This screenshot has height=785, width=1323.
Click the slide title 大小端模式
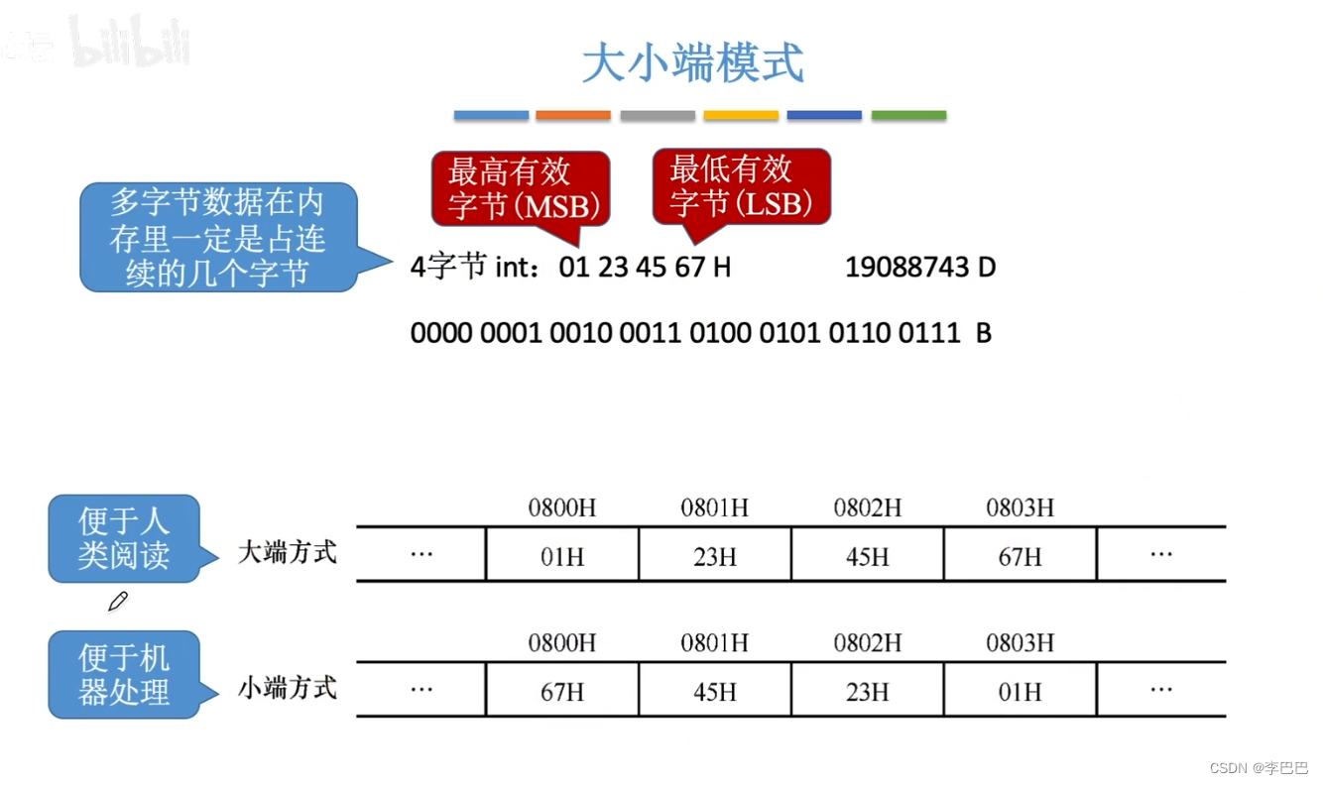[692, 63]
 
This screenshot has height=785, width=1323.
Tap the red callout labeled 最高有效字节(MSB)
[520, 188]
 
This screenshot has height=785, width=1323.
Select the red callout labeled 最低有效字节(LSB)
[741, 186]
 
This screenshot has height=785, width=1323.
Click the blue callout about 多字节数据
[217, 237]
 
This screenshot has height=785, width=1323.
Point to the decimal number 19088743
[906, 268]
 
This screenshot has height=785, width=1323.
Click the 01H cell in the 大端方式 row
[561, 556]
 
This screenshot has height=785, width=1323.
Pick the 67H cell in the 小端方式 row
[561, 691]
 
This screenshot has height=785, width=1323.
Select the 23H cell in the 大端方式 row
[714, 556]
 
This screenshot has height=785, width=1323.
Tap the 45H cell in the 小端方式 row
[714, 691]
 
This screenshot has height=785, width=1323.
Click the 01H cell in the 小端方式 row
[1020, 691]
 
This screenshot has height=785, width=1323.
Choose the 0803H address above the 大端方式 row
[1020, 508]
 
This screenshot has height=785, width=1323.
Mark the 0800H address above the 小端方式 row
[561, 643]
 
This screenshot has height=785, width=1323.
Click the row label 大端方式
[288, 552]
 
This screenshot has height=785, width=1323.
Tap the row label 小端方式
[288, 687]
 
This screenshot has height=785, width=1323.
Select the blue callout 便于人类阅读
[124, 538]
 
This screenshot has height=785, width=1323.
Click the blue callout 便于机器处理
[124, 675]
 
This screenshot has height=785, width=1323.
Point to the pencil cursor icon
[117, 601]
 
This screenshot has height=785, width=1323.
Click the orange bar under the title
[573, 116]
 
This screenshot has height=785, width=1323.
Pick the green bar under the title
[908, 116]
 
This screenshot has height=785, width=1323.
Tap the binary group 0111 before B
[929, 333]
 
